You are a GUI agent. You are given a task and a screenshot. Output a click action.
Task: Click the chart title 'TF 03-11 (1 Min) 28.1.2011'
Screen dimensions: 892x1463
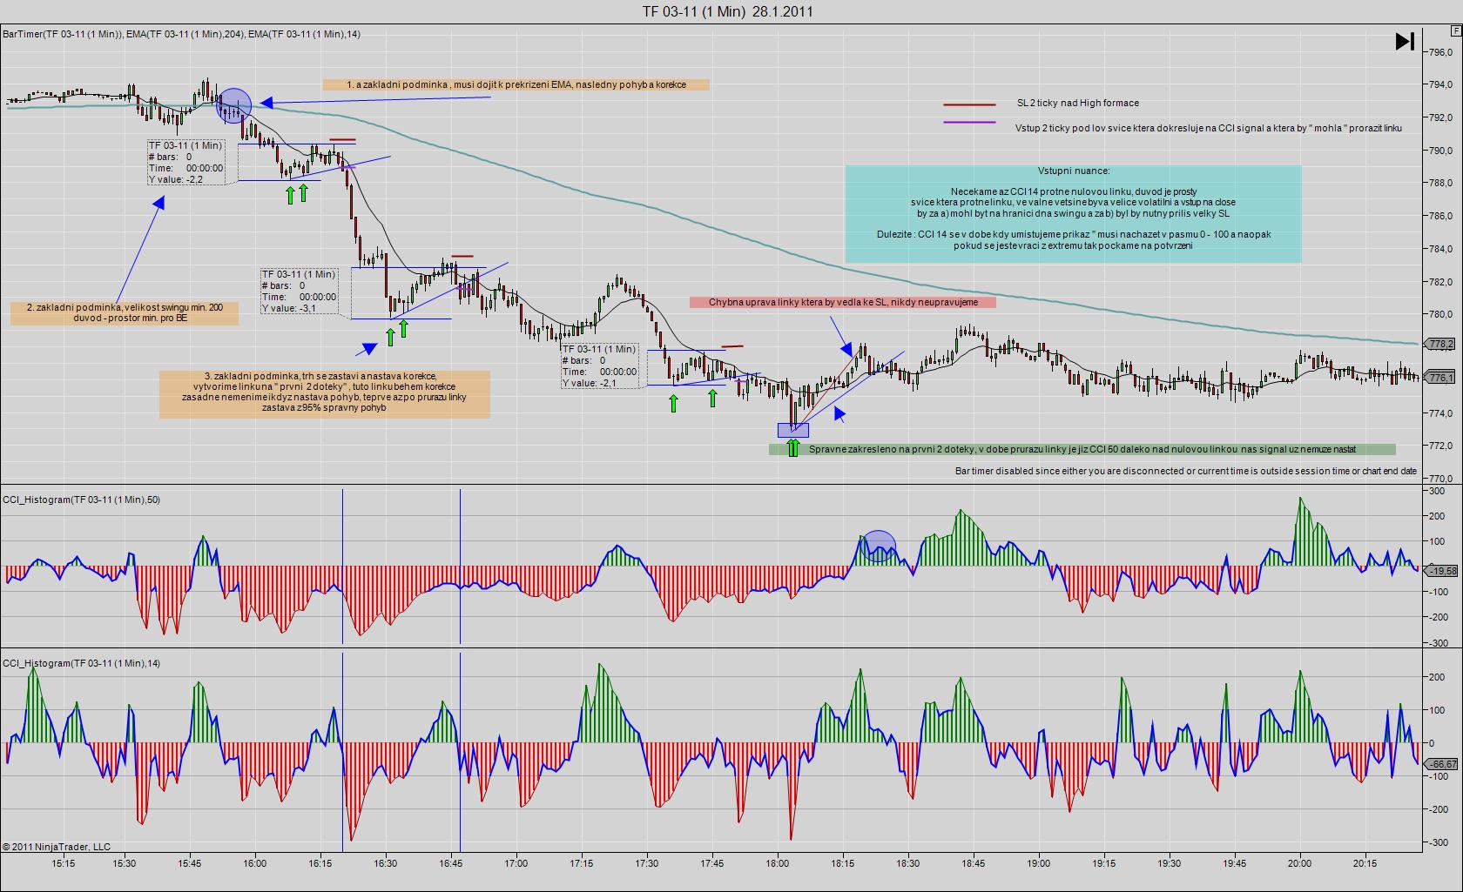tap(728, 11)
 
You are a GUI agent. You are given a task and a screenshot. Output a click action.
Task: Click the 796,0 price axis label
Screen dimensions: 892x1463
tap(1439, 52)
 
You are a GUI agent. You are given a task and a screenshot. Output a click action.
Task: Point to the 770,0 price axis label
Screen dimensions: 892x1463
tap(1439, 478)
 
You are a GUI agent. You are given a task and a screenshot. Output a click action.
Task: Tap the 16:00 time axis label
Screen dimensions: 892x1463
tap(254, 864)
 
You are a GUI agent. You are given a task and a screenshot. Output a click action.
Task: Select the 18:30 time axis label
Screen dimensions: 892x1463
tap(908, 864)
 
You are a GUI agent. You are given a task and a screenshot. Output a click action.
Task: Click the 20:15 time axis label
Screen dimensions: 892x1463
tap(1365, 864)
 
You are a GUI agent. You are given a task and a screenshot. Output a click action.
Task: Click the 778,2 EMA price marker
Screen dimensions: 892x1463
tap(1441, 345)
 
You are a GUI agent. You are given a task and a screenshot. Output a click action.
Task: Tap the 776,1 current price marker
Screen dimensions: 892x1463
tap(1441, 378)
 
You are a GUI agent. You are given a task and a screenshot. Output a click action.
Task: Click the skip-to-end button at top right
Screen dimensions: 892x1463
tap(1405, 42)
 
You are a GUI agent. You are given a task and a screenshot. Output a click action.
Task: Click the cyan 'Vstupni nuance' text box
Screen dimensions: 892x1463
tap(1073, 214)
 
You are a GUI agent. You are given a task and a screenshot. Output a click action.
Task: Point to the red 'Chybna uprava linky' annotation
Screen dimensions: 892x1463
tap(842, 302)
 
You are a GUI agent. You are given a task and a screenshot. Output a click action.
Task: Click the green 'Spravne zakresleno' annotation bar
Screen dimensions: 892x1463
tap(1082, 450)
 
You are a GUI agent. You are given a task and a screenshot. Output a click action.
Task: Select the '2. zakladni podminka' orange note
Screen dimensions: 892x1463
tap(125, 313)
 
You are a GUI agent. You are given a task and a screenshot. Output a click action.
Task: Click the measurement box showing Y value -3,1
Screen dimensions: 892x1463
tap(299, 291)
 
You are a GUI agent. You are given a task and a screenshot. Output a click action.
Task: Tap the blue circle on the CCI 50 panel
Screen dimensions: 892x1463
tap(879, 547)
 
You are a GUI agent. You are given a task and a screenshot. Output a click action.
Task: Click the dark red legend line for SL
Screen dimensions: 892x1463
tap(969, 104)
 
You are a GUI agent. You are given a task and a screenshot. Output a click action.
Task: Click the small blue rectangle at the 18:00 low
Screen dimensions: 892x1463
tap(792, 430)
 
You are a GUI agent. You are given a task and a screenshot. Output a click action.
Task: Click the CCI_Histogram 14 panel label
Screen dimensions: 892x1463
tap(82, 664)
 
